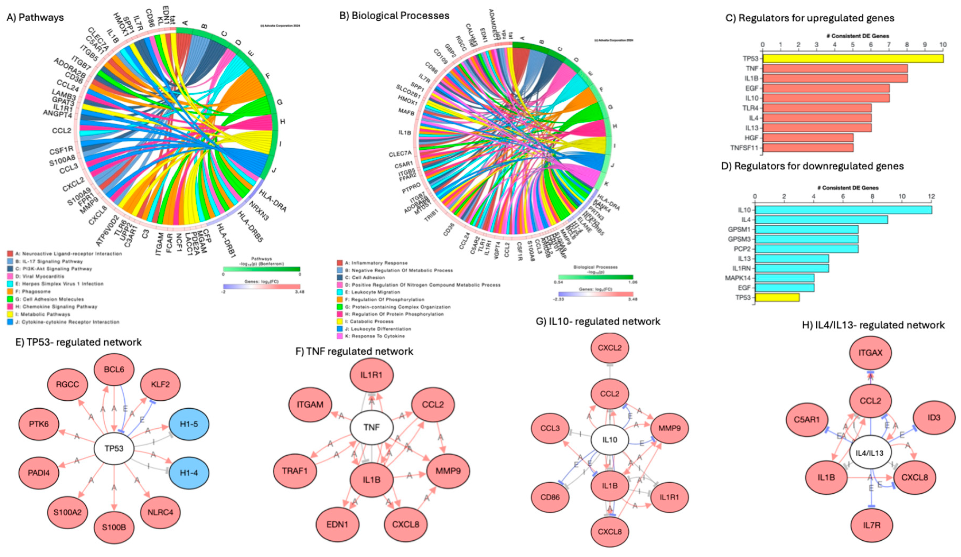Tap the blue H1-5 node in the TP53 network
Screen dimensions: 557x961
(x=189, y=424)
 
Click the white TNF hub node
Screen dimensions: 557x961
(x=371, y=427)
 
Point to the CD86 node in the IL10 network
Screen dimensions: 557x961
(x=550, y=497)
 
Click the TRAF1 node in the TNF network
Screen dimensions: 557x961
(x=295, y=471)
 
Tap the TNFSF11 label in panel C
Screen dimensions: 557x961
(x=744, y=148)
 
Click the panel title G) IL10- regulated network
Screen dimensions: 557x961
(x=598, y=322)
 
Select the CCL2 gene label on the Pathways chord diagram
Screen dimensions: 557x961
(x=62, y=131)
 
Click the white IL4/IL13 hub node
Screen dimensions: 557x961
(x=869, y=453)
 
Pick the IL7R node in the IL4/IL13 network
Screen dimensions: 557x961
(x=872, y=525)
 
